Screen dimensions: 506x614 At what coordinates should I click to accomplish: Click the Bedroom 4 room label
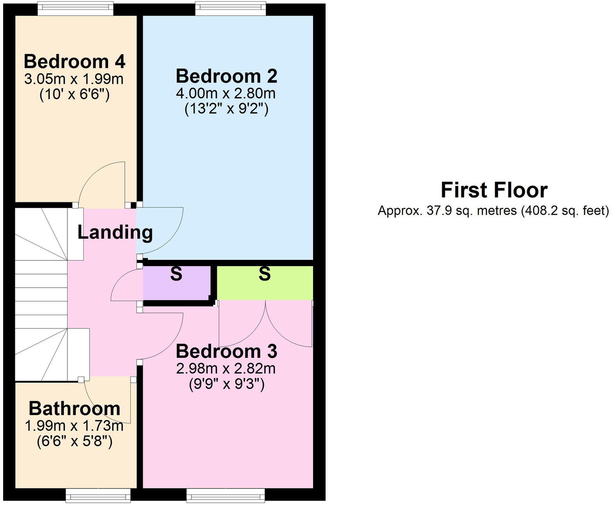(x=74, y=62)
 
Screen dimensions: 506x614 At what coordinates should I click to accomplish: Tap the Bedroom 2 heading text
(x=226, y=76)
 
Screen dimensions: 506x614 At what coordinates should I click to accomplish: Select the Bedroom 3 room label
(x=226, y=351)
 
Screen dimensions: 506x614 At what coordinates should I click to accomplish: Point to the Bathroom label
(x=74, y=408)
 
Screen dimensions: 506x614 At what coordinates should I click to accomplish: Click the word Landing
(x=115, y=232)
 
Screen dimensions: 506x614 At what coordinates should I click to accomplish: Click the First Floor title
(x=494, y=190)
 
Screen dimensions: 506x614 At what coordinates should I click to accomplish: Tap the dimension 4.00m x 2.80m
(x=226, y=93)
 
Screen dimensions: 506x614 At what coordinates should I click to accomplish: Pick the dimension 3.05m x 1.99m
(x=74, y=79)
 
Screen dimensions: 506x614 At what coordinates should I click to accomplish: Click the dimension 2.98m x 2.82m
(x=226, y=368)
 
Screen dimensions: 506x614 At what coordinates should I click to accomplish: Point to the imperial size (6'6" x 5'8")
(x=74, y=442)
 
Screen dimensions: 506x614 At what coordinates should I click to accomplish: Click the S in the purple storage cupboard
(x=176, y=274)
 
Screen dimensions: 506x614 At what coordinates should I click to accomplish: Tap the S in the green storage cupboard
(x=265, y=274)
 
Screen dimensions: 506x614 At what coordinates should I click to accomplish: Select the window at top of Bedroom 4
(x=76, y=9)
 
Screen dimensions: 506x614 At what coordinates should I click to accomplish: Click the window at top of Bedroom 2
(x=230, y=9)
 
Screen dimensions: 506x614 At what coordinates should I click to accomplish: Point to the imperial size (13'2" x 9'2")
(x=226, y=109)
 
